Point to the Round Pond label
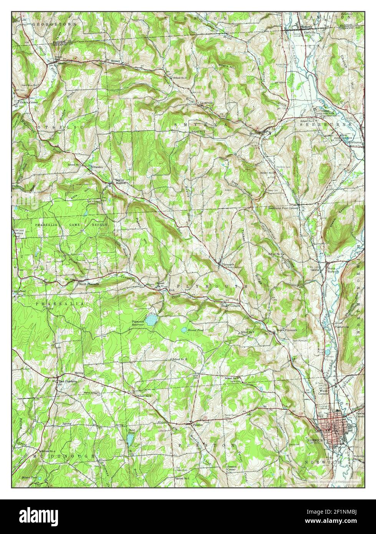[x=195, y=330]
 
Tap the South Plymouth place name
[x=287, y=330]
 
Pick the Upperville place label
[x=206, y=103]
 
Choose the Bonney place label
[x=116, y=61]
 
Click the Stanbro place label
[x=97, y=167]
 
